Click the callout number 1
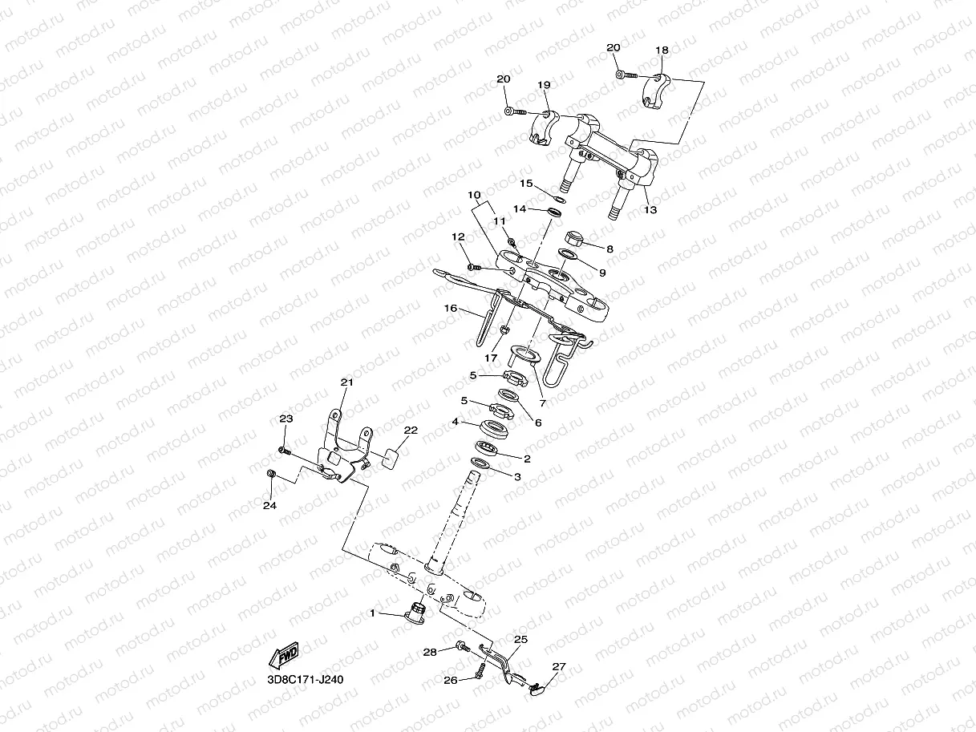(372, 613)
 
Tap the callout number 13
(650, 210)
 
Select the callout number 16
(450, 308)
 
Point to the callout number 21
(346, 382)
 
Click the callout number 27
(559, 665)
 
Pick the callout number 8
(609, 249)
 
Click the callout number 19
(544, 84)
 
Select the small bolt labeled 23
(284, 449)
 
